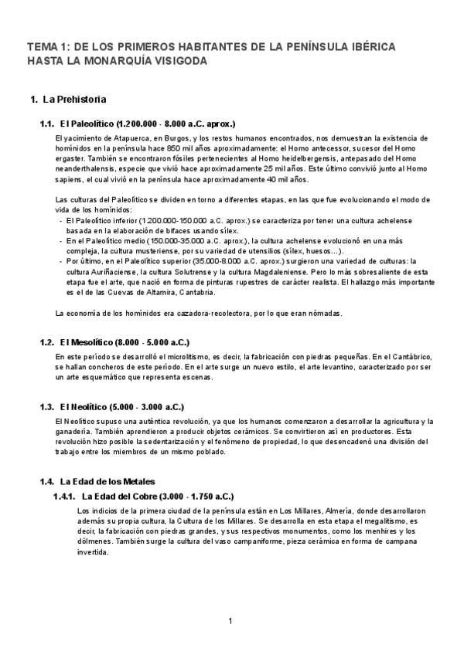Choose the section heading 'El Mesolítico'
tap(86, 342)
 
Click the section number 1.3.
tap(46, 407)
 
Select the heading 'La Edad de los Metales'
tap(107, 481)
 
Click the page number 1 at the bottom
tap(230, 621)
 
